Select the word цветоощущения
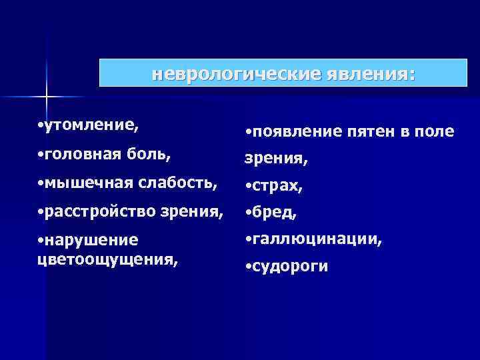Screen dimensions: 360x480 pos(108,257)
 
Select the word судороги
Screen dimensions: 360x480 pos(291,267)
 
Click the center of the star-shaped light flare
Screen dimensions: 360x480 pos(47,97)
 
